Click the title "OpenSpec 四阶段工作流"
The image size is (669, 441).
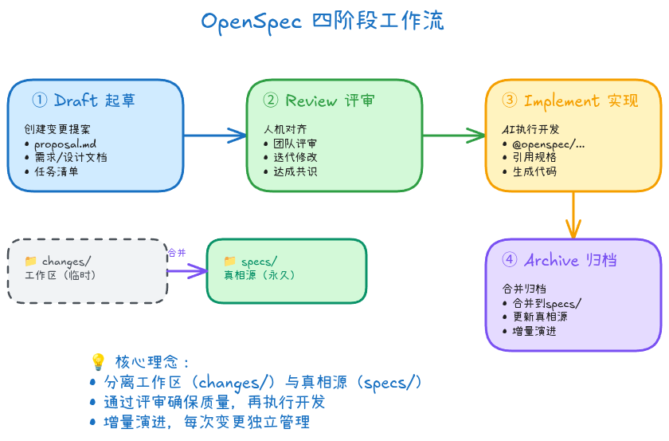click(x=323, y=21)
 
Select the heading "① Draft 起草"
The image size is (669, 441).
click(x=84, y=100)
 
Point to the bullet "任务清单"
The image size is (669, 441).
click(x=56, y=171)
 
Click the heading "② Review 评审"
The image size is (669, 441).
click(x=319, y=100)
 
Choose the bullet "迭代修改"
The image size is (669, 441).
click(x=295, y=157)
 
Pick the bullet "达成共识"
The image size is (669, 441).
click(x=295, y=171)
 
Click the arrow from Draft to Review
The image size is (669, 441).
click(x=215, y=135)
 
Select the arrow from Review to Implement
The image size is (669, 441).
click(x=454, y=135)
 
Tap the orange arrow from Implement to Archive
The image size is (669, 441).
click(x=573, y=215)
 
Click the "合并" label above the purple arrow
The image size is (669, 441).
click(x=177, y=253)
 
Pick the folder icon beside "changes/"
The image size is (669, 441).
click(x=31, y=261)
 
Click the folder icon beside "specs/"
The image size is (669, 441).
click(x=230, y=261)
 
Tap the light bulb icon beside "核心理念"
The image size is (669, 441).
click(x=98, y=361)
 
